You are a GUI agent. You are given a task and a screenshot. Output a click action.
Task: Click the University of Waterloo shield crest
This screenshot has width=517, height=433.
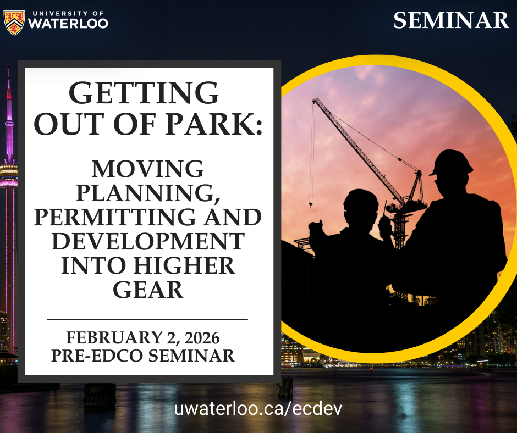[14, 23]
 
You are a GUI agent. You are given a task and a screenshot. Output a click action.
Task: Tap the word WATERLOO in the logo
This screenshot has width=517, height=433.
[68, 23]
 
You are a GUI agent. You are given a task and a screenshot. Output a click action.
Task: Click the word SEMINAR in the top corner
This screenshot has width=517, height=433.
[451, 20]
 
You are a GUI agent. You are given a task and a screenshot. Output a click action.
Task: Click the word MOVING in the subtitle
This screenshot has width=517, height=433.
[148, 169]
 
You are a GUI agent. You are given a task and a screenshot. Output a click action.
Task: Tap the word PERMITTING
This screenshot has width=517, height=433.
[117, 217]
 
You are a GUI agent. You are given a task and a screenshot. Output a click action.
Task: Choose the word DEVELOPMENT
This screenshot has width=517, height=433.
[148, 241]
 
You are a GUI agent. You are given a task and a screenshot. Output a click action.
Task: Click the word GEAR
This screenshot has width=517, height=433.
[148, 290]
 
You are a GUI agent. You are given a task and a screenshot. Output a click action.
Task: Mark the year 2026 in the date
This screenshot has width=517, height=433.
[202, 338]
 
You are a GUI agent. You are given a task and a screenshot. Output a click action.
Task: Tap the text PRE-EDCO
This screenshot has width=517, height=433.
[97, 356]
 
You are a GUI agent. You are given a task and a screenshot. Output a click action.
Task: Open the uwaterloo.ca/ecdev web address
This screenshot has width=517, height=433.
[258, 409]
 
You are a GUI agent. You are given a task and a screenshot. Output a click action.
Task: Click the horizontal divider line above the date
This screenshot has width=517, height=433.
[148, 319]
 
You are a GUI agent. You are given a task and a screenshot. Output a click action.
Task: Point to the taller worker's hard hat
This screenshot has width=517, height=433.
[451, 163]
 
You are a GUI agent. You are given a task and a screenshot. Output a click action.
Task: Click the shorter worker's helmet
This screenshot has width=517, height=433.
[361, 199]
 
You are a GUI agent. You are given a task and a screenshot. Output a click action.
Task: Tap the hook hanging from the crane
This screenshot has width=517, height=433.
[311, 204]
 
